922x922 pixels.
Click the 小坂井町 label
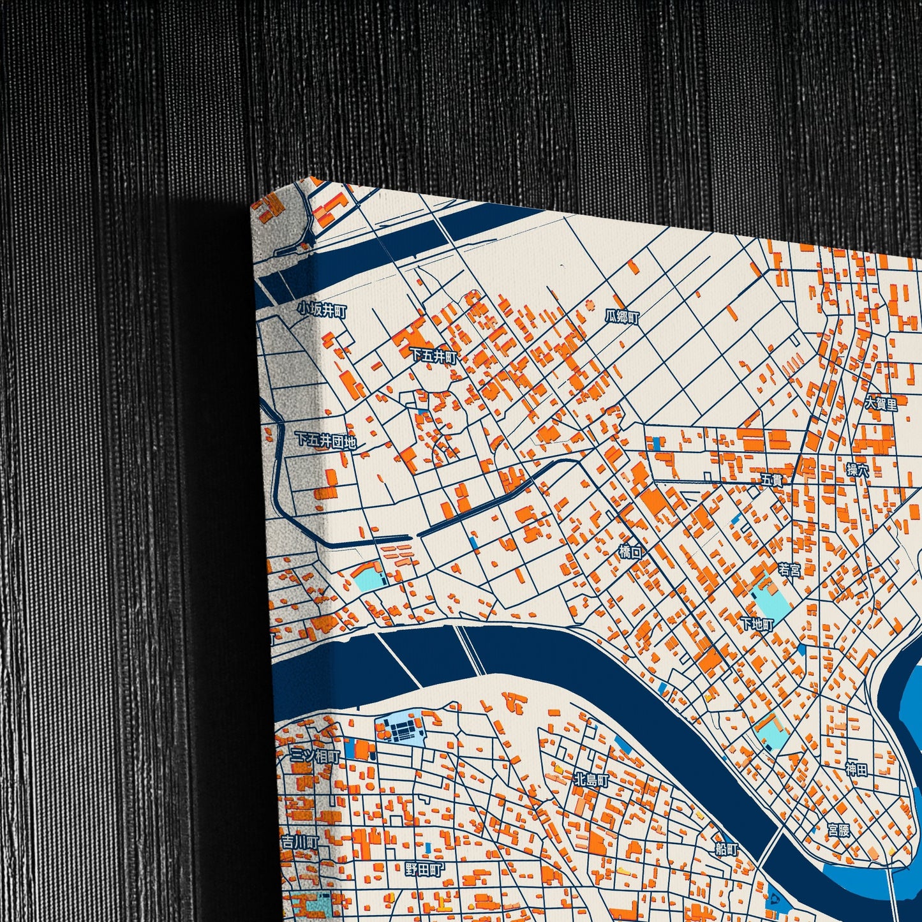coord(322,311)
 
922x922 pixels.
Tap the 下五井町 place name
coord(435,356)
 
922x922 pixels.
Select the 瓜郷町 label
coord(622,316)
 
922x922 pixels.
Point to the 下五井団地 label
coord(325,440)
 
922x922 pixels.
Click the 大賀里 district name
coord(881,404)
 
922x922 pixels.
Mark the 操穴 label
coord(858,471)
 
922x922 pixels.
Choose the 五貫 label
coord(771,480)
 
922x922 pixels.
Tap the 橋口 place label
coord(631,552)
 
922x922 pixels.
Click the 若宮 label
coord(789,570)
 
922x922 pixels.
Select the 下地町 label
coord(757,624)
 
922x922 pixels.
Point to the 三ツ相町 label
coord(315,756)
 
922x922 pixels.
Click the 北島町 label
coord(591,780)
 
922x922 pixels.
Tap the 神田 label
coord(857,770)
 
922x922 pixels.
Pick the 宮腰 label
coord(839,830)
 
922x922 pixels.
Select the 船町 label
coord(727,850)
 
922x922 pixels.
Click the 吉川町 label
coord(300,843)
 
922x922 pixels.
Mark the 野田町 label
coord(424,869)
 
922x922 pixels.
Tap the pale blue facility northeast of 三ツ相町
coord(401,729)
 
